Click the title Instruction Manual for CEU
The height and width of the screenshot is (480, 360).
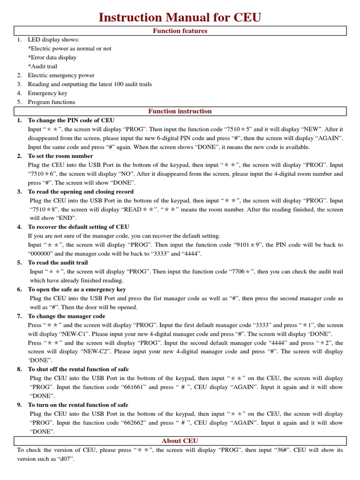180,18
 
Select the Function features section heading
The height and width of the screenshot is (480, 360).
180,31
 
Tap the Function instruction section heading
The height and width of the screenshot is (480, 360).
180,112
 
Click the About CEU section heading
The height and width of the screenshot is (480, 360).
180,441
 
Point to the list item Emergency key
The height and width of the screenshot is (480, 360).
47,93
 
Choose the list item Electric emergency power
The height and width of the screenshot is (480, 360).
61,75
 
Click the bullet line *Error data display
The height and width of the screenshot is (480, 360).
52,58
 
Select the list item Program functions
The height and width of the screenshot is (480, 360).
51,102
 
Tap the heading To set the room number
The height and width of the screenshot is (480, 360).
60,156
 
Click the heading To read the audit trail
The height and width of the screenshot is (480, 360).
58,263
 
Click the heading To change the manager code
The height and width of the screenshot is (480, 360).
67,316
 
